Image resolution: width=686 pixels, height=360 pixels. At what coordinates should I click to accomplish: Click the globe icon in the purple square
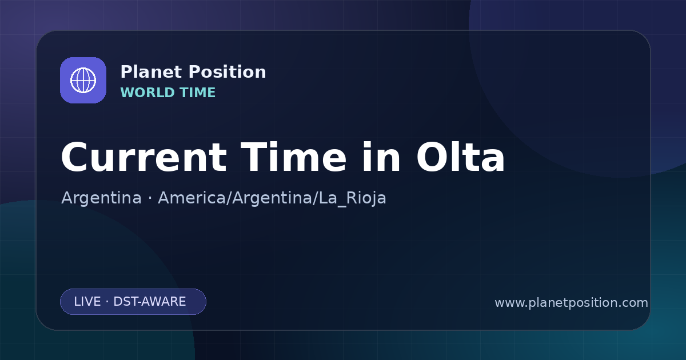tap(83, 80)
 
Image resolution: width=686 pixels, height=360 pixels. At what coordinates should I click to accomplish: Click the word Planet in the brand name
tap(151, 72)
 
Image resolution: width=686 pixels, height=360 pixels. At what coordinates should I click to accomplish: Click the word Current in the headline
tap(144, 158)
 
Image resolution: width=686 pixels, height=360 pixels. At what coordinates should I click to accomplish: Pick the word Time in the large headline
tap(293, 157)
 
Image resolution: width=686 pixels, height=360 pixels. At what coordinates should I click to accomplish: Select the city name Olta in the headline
tap(460, 157)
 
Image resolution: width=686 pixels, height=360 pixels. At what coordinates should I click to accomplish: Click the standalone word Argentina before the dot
tap(101, 198)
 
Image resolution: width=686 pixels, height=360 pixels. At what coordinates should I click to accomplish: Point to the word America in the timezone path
tap(192, 198)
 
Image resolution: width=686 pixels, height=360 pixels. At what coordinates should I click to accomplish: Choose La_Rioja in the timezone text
tap(352, 198)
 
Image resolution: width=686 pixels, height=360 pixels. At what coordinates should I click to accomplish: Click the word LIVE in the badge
tap(87, 302)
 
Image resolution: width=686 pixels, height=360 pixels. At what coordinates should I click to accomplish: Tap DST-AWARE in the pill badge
tap(149, 302)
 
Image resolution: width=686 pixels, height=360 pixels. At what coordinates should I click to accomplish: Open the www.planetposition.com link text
tap(571, 303)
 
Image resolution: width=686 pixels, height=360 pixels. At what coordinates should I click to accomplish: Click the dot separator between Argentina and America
tap(150, 198)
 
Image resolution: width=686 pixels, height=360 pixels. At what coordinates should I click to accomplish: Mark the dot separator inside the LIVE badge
tap(107, 302)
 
